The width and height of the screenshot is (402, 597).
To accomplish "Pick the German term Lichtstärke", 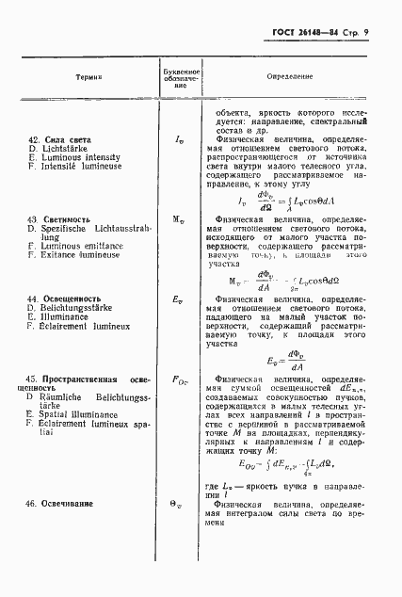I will click(x=67, y=150).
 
